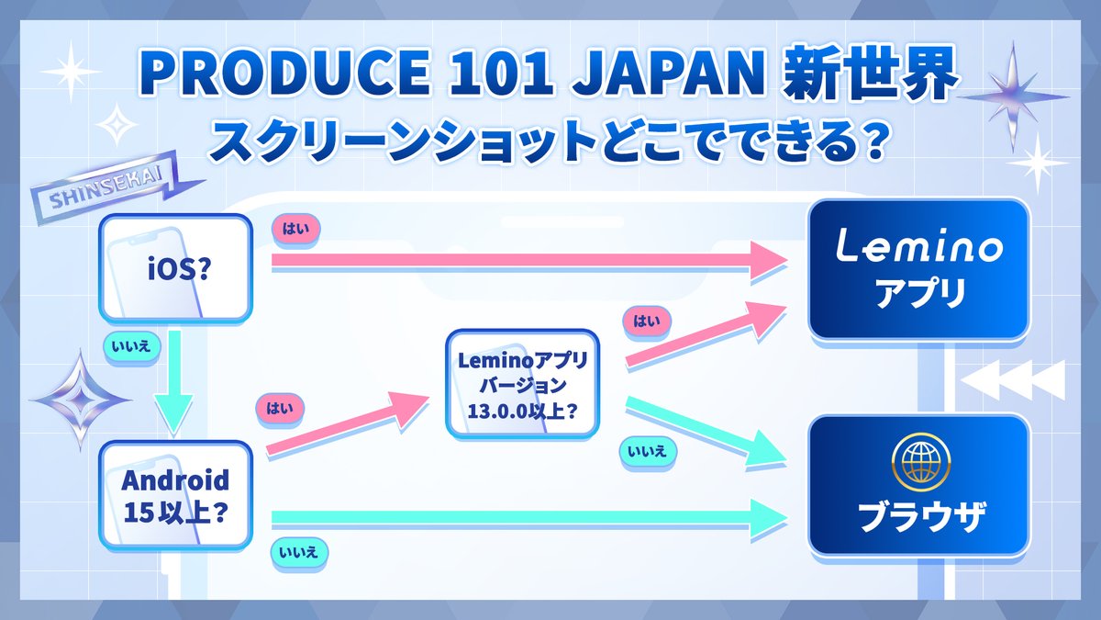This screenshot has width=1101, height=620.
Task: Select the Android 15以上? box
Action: pos(174,497)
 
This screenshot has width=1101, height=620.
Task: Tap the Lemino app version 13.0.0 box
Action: pos(522,383)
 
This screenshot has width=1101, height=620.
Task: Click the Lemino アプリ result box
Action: pos(918,268)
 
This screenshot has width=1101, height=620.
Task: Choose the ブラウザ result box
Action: pos(918,485)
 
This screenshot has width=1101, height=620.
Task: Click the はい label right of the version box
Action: pos(647,321)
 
